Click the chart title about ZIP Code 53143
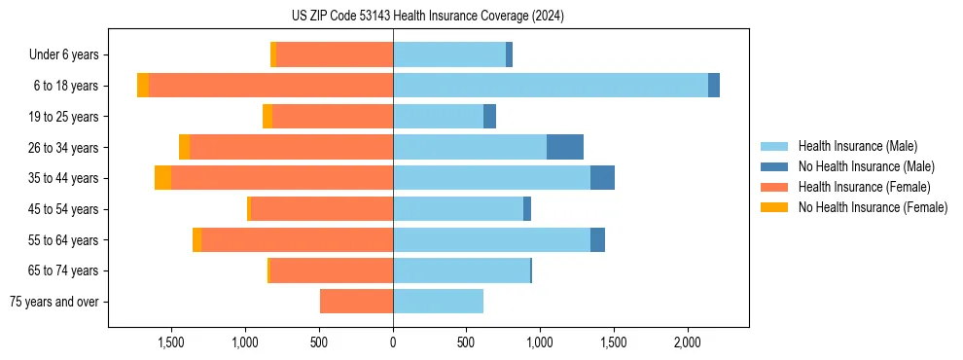428,16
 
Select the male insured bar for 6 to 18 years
550,86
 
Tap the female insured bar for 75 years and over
356,302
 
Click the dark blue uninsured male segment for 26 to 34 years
565,147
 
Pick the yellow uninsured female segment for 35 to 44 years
162,178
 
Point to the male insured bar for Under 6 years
448,54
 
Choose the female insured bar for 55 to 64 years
297,239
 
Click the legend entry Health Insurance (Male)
857,146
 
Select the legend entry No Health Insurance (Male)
866,166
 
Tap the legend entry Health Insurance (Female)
865,187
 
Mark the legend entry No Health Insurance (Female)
873,207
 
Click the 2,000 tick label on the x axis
687,342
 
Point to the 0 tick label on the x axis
393,342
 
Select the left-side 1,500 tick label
171,342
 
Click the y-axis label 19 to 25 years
65,117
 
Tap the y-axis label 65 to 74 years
65,270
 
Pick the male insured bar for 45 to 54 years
457,209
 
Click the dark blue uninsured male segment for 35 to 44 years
602,178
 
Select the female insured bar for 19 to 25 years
333,117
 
